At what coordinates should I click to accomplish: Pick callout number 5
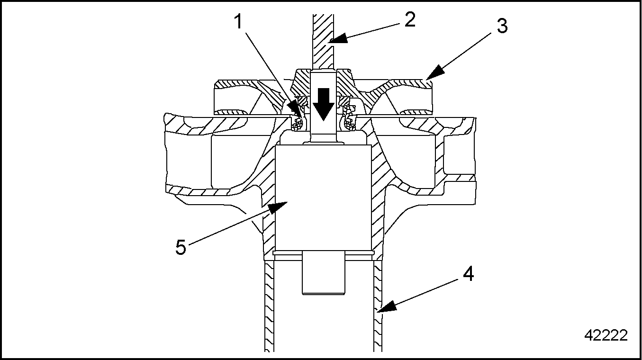coord(181,248)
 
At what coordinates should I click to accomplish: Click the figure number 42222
coord(606,335)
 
